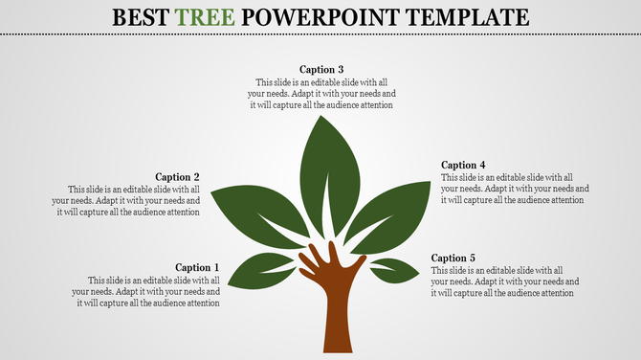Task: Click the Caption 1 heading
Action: [197, 267]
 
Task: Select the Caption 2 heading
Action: [177, 177]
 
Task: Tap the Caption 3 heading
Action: [321, 69]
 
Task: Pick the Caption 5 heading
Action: [453, 258]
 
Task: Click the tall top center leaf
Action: [329, 172]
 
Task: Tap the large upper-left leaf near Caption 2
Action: [254, 211]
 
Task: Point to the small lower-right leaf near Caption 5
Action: [394, 269]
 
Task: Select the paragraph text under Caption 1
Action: [148, 291]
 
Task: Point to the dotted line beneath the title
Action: [320, 33]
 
